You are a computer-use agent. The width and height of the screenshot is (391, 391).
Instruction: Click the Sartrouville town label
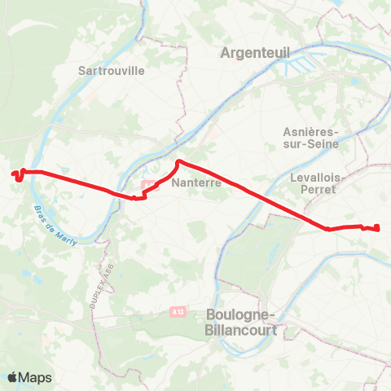pyautogui.click(x=111, y=70)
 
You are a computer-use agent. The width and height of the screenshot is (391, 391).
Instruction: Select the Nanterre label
pyautogui.click(x=197, y=183)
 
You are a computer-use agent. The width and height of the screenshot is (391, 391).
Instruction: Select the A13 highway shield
pyautogui.click(x=178, y=311)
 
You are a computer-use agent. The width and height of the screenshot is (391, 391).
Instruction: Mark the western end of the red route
pyautogui.click(x=13, y=173)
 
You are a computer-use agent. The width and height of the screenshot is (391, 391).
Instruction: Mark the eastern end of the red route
pyautogui.click(x=379, y=229)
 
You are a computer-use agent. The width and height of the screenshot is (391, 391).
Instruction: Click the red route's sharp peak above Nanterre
pyautogui.click(x=178, y=161)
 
